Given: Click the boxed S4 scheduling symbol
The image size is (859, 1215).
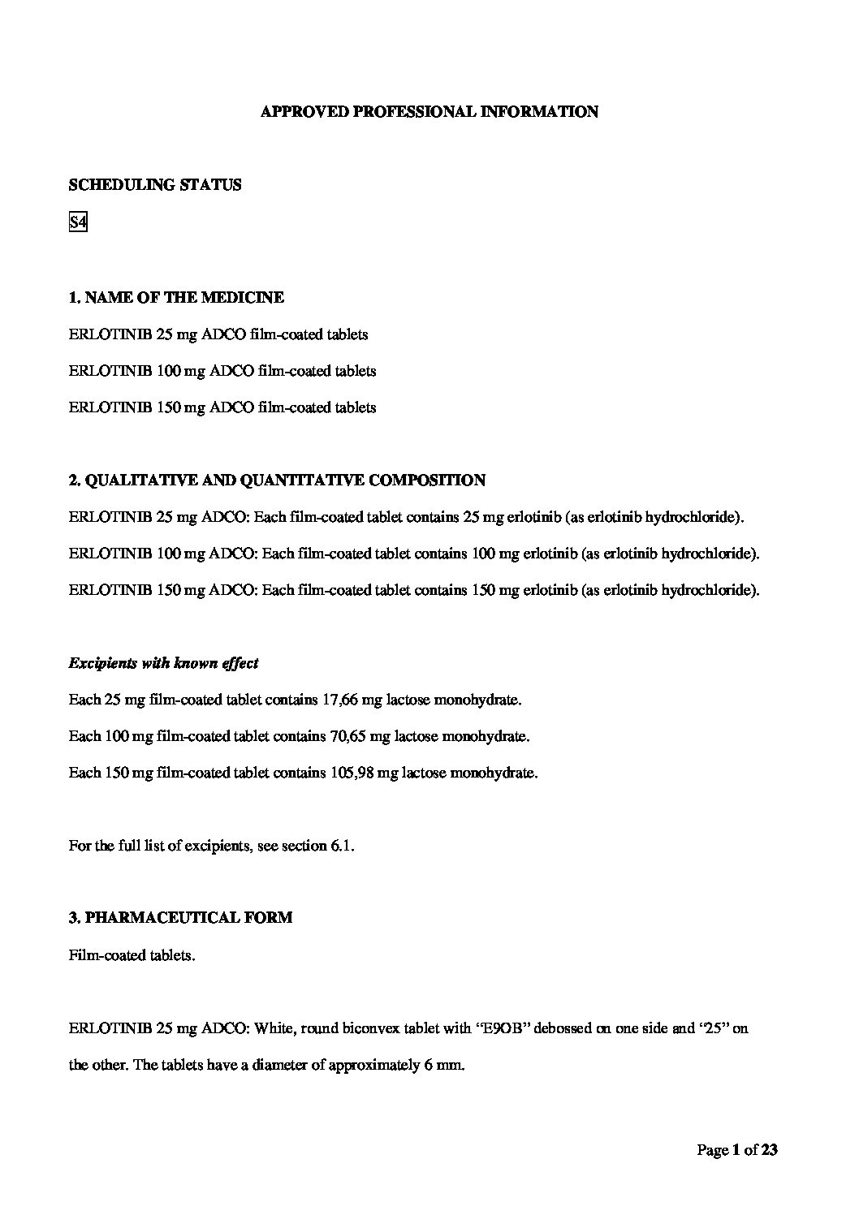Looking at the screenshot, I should (78, 222).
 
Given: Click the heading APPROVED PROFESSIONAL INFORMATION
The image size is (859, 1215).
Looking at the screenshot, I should (429, 112).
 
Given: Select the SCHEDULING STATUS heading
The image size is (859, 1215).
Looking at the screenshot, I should (155, 185).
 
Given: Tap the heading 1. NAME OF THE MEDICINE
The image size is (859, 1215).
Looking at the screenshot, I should (176, 298).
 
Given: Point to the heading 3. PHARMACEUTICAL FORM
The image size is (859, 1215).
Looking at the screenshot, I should (180, 918).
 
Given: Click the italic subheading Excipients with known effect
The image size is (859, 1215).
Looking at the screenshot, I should (164, 663).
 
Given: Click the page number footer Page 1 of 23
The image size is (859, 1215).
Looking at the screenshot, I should (737, 1149).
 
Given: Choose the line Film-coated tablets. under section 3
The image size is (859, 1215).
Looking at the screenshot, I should (132, 955).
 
